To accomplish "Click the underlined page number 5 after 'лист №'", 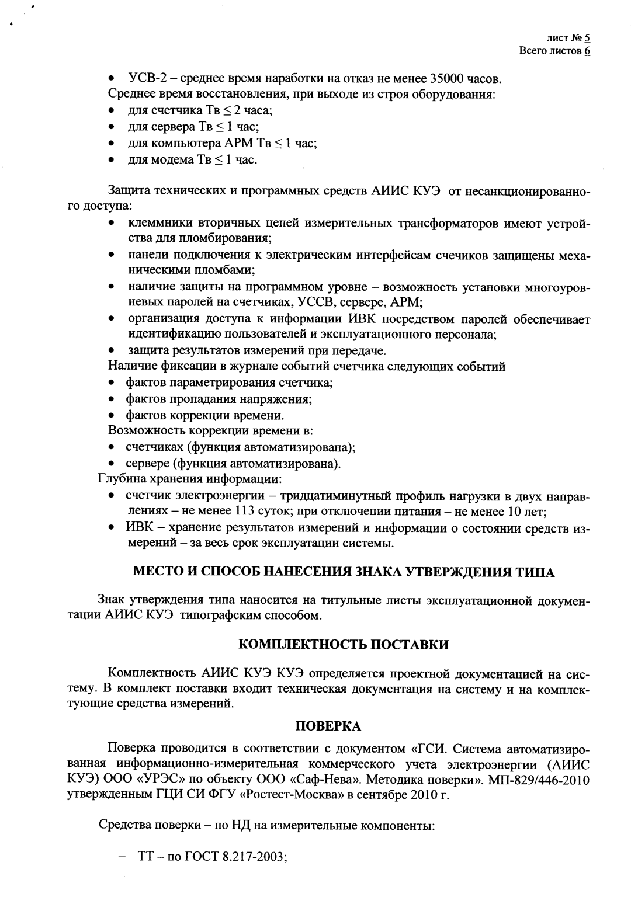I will click(587, 39).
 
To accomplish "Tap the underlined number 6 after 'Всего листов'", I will click(587, 51).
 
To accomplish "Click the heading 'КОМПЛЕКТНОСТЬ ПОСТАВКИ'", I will click(344, 645).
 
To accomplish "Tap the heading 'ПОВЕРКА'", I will click(328, 726).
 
